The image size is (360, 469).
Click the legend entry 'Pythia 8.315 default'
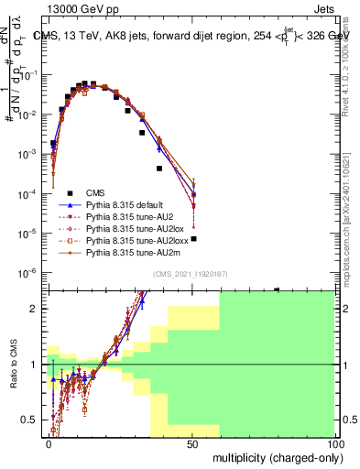(x=128, y=205)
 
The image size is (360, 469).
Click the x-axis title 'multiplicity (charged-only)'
(x=274, y=456)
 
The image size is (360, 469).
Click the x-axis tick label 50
(x=192, y=442)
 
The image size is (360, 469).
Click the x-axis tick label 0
(x=49, y=442)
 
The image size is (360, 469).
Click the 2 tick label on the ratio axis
(x=38, y=309)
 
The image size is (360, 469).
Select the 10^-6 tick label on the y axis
(x=31, y=273)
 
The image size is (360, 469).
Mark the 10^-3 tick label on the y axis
(x=31, y=155)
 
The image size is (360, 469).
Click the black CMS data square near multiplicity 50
(x=193, y=239)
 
